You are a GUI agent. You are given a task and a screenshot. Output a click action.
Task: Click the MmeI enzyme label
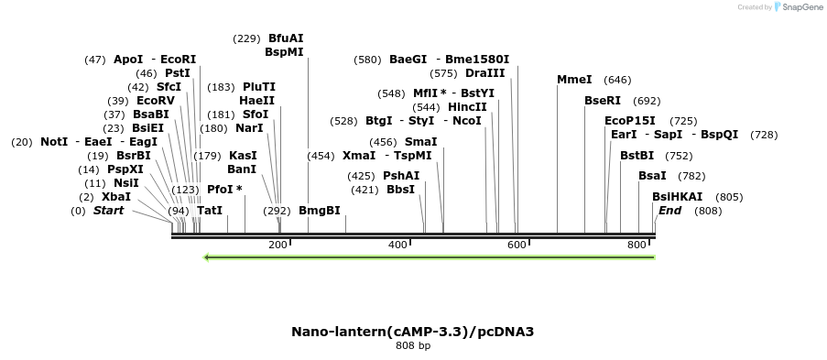pos(574,80)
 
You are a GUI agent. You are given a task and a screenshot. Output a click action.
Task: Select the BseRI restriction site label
pos(603,101)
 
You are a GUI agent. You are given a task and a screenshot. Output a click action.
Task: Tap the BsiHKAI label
pos(677,197)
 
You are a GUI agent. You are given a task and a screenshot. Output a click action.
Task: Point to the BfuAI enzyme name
pos(286,38)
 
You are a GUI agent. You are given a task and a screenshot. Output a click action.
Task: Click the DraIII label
pos(484,73)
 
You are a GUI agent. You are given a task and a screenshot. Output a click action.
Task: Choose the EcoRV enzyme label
pos(155,101)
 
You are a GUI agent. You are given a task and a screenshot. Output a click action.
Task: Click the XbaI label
pos(116,197)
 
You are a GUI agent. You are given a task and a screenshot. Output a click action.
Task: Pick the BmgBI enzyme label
pos(320,211)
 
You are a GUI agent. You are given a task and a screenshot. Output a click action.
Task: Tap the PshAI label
pos(401,176)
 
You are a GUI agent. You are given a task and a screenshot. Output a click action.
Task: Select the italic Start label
pos(108,211)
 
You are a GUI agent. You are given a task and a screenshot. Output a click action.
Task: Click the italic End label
pos(669,211)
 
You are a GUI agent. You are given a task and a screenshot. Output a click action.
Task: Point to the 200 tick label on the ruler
pos(277,245)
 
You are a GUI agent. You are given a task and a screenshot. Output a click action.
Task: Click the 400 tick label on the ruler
pos(397,245)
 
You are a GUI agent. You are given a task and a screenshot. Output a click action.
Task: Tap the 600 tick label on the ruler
pos(517,245)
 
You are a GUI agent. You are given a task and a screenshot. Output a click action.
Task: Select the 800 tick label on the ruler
pos(637,245)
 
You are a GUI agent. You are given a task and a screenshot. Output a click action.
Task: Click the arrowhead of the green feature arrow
pos(208,257)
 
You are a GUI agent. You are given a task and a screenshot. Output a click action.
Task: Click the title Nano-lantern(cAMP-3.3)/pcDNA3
pos(412,331)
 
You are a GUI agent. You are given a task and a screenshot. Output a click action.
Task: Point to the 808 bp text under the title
pos(412,345)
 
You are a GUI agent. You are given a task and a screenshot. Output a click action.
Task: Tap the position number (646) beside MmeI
pos(617,80)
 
